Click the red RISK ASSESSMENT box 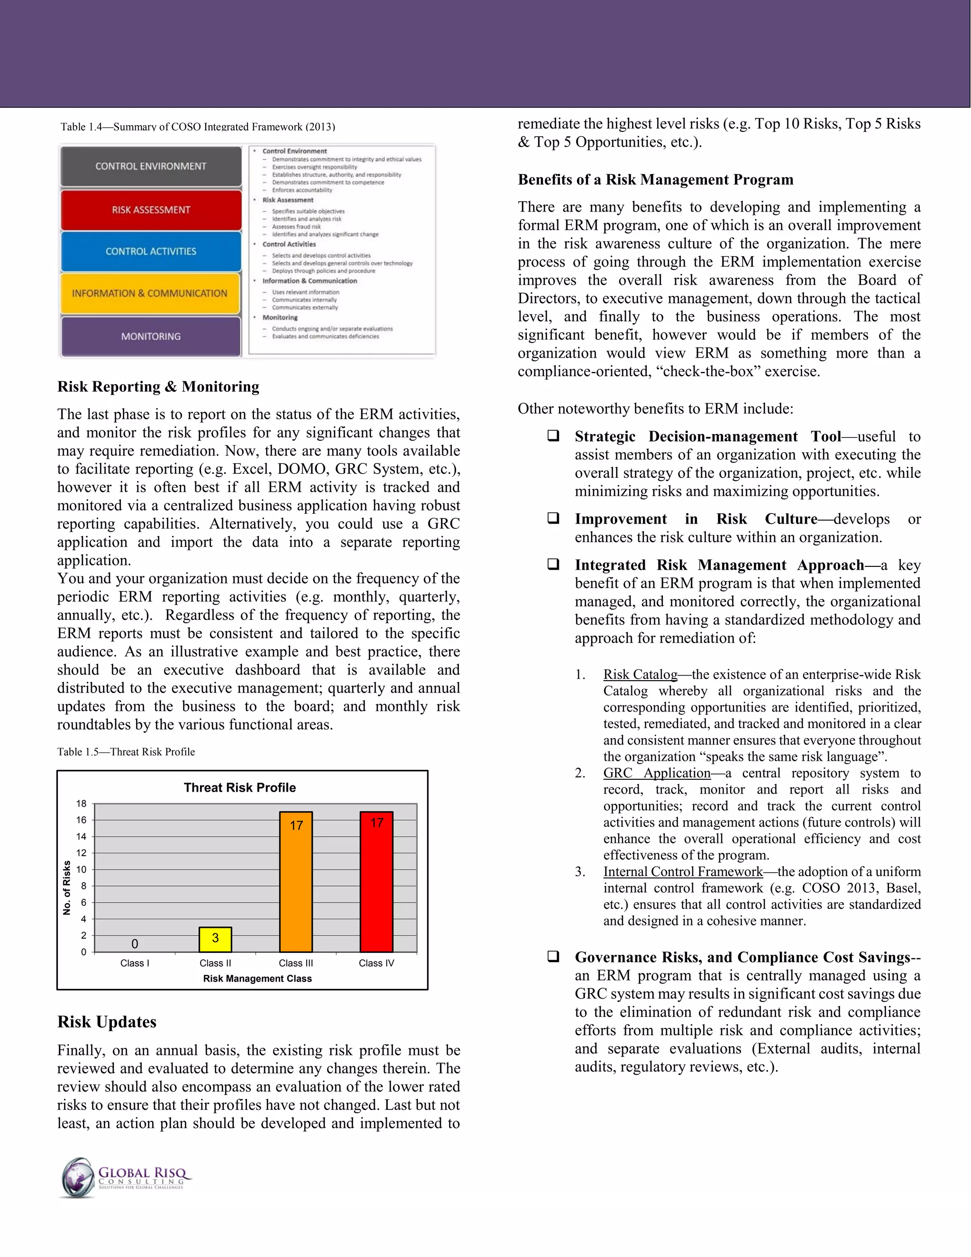[151, 210]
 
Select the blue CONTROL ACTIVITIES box [151, 251]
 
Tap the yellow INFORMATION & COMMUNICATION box [149, 294]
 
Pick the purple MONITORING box [151, 336]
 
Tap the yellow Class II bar [215, 939]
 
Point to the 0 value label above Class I [135, 944]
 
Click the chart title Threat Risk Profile [240, 787]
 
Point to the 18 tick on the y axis [81, 804]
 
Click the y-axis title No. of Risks [67, 887]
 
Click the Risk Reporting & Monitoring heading [158, 387]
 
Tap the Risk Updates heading [107, 1022]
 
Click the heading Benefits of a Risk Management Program [655, 180]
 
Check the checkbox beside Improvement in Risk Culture [553, 518]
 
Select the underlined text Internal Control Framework [683, 871]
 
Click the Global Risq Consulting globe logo [78, 1178]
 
